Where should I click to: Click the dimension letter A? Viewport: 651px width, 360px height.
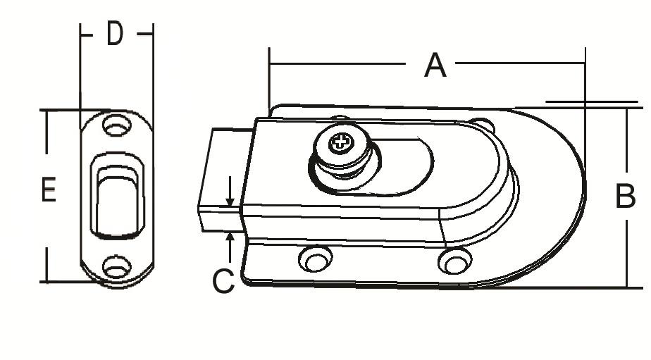click(435, 66)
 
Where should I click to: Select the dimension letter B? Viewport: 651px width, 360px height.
click(625, 196)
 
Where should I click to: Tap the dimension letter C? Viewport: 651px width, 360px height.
click(223, 281)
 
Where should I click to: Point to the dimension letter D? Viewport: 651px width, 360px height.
click(115, 33)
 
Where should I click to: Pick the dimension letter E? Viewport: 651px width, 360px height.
click(49, 190)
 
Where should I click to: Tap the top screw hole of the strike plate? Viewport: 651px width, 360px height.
click(117, 125)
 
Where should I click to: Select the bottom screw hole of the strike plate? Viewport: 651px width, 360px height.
click(117, 267)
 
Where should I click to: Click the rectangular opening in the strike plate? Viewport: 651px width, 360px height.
click(118, 196)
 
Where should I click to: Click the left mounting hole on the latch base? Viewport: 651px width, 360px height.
click(316, 259)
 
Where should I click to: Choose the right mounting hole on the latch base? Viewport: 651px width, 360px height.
click(455, 261)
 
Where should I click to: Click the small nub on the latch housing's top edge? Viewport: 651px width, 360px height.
click(340, 118)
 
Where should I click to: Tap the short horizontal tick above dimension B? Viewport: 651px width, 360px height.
click(591, 101)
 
